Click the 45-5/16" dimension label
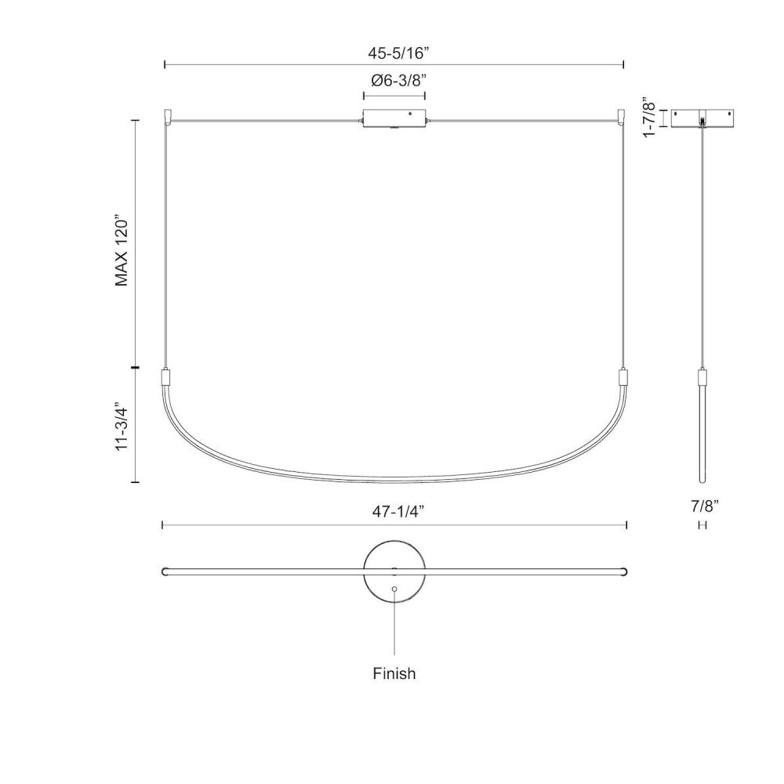tap(398, 53)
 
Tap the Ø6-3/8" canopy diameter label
tap(398, 80)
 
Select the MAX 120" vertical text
tap(122, 251)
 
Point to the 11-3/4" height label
tap(122, 426)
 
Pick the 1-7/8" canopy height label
tap(648, 118)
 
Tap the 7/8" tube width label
tap(705, 506)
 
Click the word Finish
tap(394, 673)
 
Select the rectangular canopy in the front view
tap(394, 118)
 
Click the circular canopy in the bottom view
tap(394, 572)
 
